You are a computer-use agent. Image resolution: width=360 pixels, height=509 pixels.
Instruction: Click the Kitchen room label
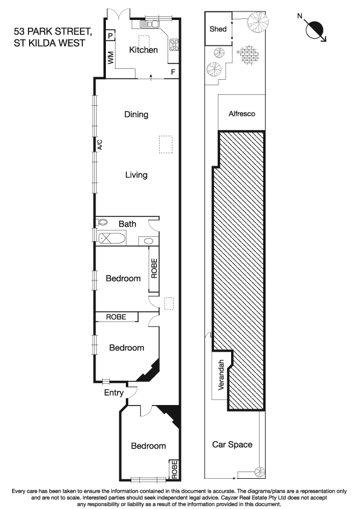(144, 50)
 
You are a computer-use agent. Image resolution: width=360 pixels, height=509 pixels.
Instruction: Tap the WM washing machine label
(111, 58)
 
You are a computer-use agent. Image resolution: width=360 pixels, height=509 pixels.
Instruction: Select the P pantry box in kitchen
(111, 36)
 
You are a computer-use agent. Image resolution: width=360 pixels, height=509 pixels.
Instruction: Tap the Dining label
(136, 114)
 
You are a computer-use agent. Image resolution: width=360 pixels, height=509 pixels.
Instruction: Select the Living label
(136, 175)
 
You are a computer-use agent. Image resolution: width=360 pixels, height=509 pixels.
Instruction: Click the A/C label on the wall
(100, 144)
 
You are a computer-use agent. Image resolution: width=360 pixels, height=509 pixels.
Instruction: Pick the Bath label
(127, 224)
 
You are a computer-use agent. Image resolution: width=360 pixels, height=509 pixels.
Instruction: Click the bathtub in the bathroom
(111, 238)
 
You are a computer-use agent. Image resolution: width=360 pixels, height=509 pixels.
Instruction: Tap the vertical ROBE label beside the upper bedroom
(154, 268)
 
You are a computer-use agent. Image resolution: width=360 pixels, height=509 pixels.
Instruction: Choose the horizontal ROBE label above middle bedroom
(116, 316)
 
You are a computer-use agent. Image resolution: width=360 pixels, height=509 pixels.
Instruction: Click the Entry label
(114, 393)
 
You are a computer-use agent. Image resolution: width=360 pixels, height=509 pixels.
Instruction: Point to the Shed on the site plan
(218, 29)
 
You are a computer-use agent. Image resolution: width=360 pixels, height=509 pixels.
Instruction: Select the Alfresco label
(241, 113)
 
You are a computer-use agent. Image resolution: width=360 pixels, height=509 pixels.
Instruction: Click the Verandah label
(221, 377)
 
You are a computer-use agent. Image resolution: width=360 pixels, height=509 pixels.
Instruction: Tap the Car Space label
(232, 445)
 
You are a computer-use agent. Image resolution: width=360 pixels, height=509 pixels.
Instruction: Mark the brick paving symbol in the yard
(247, 56)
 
